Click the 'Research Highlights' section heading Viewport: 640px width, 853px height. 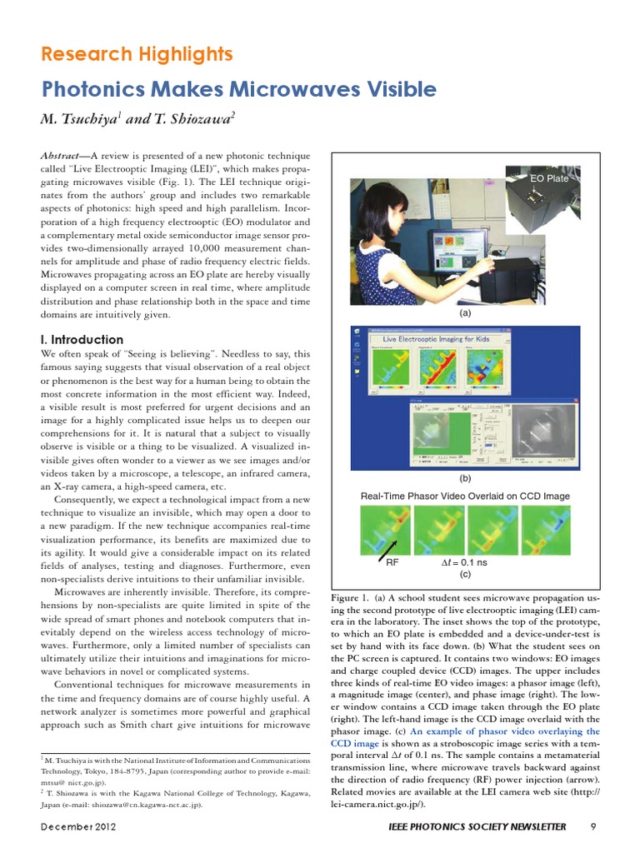(137, 55)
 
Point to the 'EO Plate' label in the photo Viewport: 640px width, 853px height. (551, 177)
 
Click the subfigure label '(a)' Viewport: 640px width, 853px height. (465, 314)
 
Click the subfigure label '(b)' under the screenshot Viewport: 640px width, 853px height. (465, 480)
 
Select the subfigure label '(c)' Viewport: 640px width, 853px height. (465, 574)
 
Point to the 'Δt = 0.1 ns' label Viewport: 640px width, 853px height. (465, 562)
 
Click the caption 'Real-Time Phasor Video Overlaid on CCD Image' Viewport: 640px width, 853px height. (465, 496)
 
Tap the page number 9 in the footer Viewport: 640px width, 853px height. (592, 826)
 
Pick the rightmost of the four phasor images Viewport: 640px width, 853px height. (548, 531)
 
